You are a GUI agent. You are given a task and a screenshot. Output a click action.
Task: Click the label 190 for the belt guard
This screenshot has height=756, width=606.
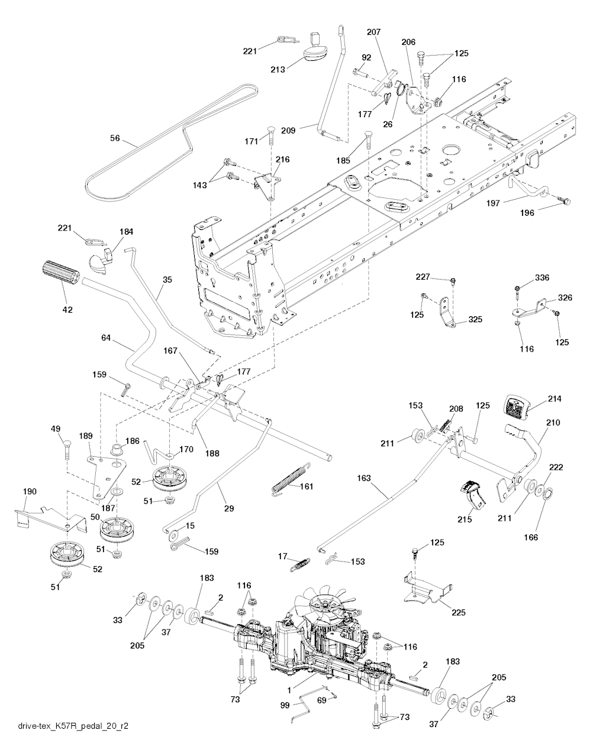point(30,491)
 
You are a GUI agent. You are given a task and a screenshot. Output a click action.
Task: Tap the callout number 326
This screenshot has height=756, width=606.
point(565,297)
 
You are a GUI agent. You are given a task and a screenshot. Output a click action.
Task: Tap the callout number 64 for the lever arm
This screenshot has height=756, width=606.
point(106,338)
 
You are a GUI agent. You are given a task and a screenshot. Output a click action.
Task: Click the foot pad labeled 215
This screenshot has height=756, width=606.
point(473,495)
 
